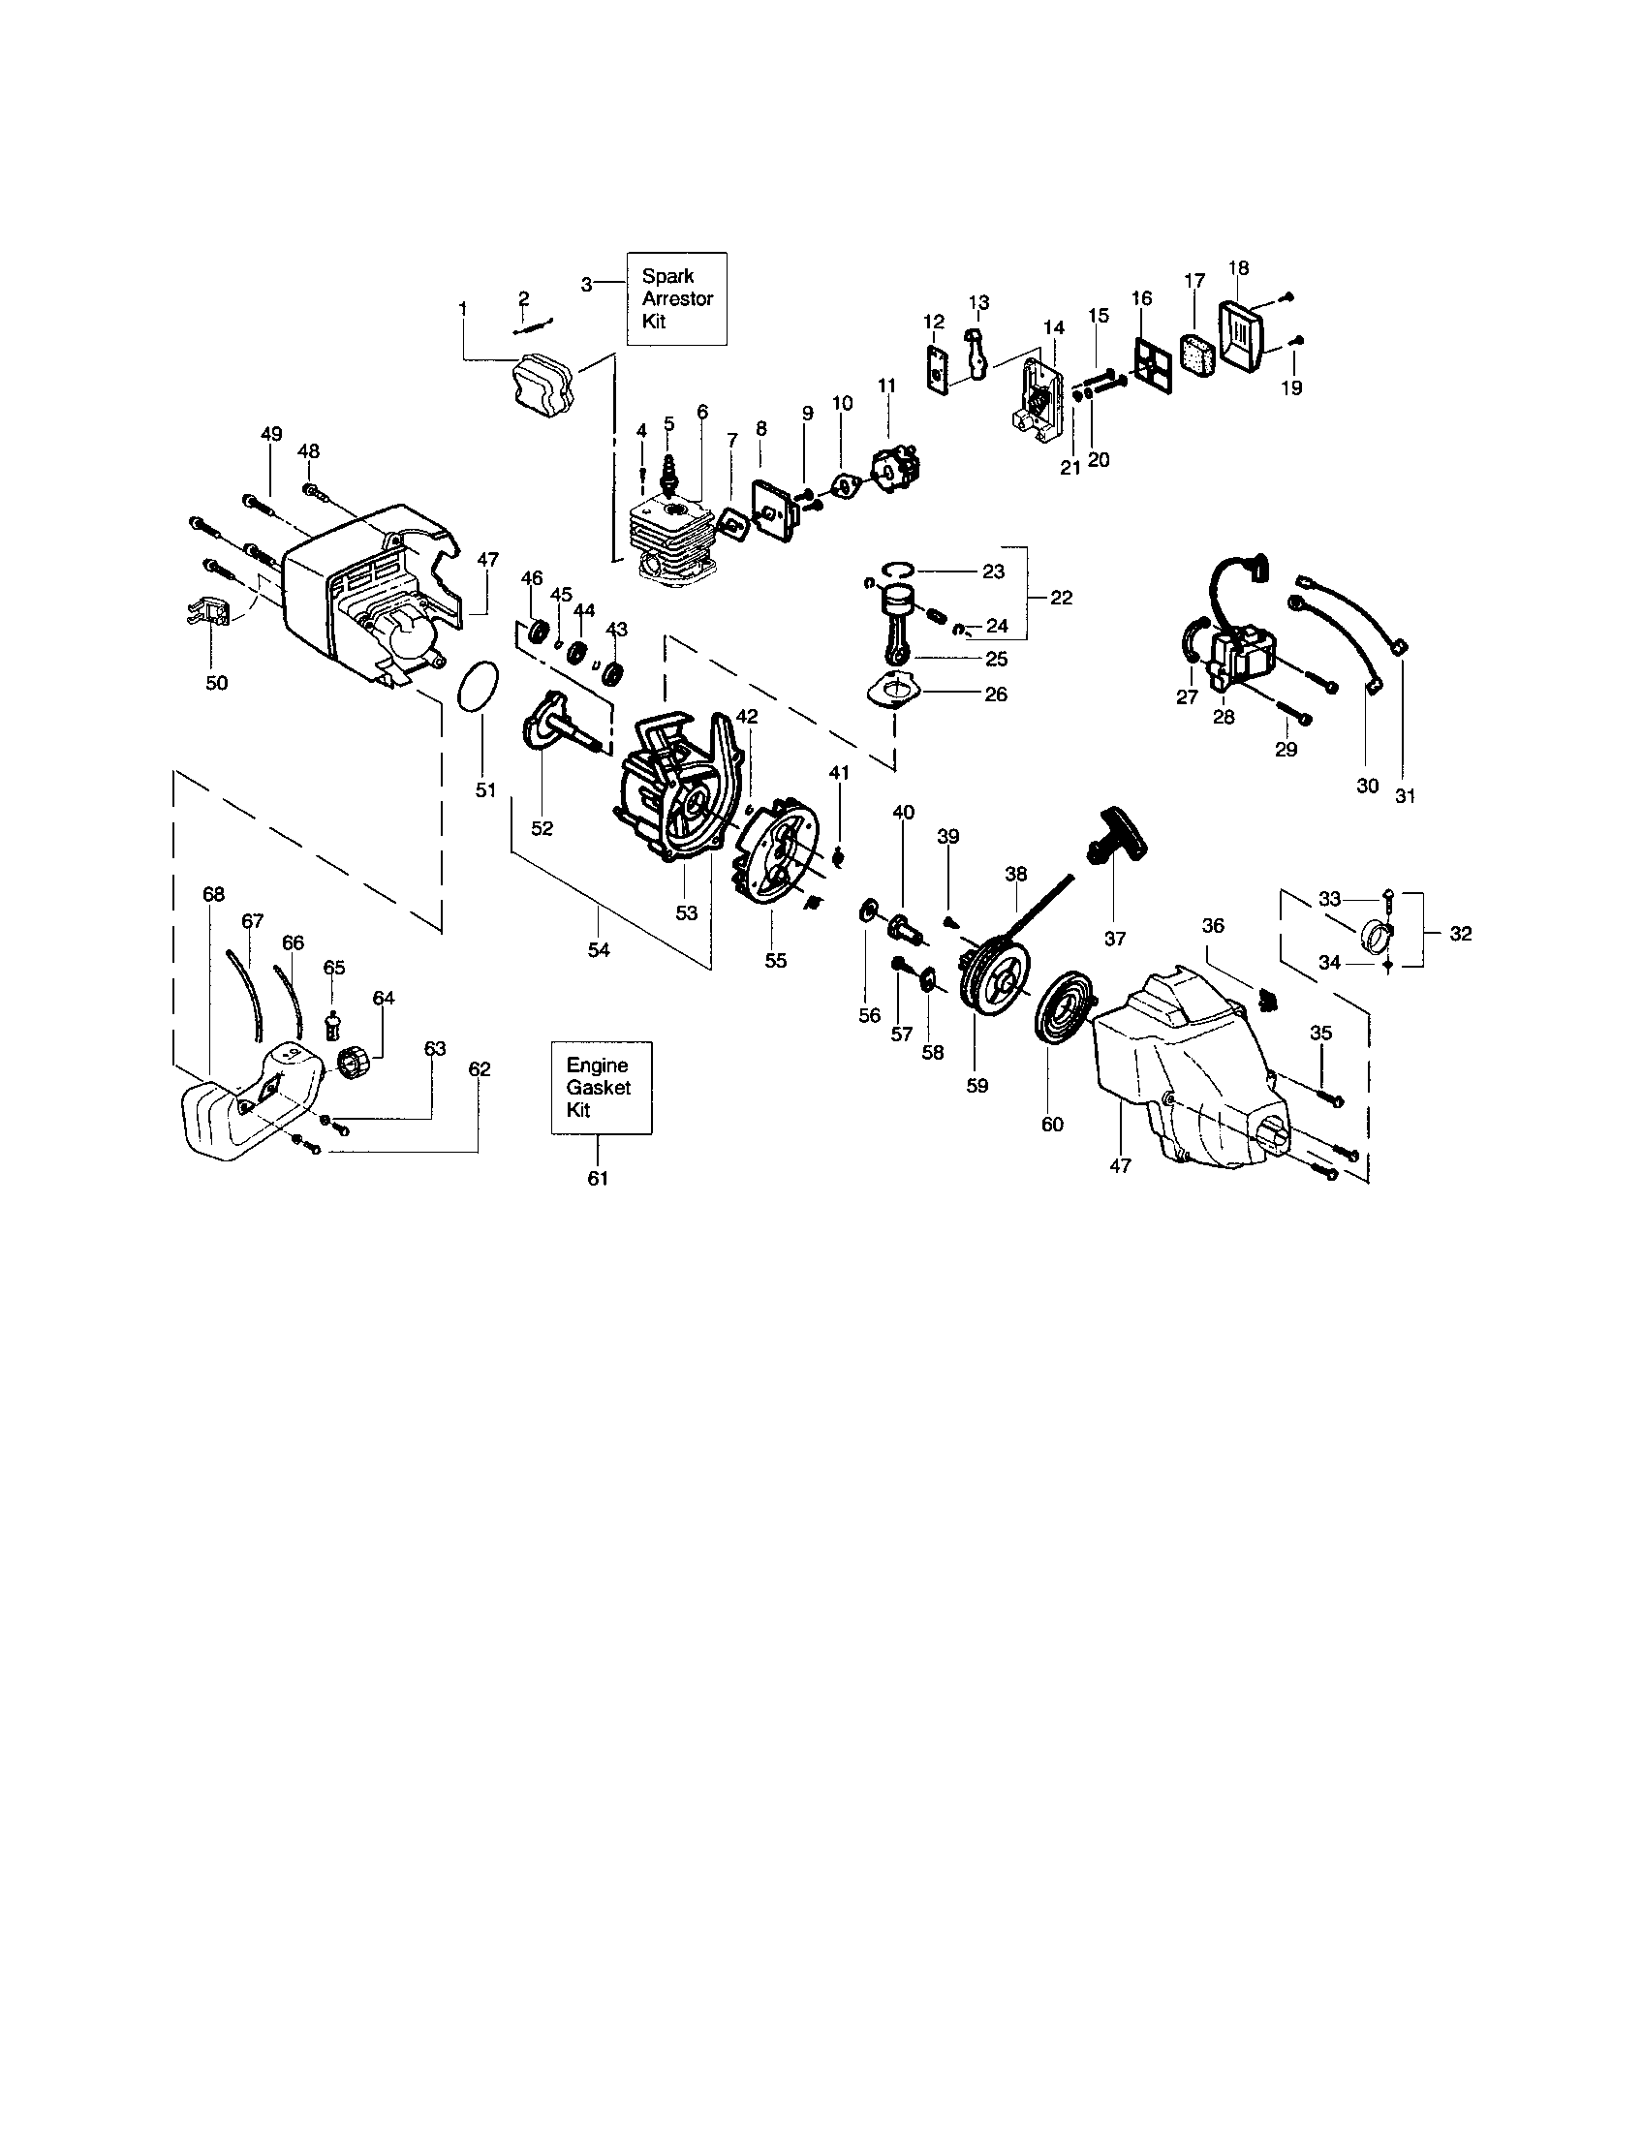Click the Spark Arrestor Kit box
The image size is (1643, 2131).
676,298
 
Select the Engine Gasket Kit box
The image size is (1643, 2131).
601,1087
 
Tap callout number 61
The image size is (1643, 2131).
597,1179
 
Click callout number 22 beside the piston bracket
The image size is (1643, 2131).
1062,597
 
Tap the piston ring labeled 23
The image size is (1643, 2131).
900,569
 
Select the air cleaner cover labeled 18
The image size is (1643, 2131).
1241,338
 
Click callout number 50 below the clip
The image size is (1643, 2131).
216,683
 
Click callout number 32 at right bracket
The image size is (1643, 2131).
1460,934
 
